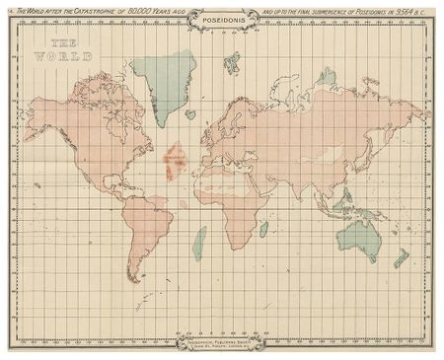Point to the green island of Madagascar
pos(264,229)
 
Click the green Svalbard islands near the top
pos(232,65)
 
